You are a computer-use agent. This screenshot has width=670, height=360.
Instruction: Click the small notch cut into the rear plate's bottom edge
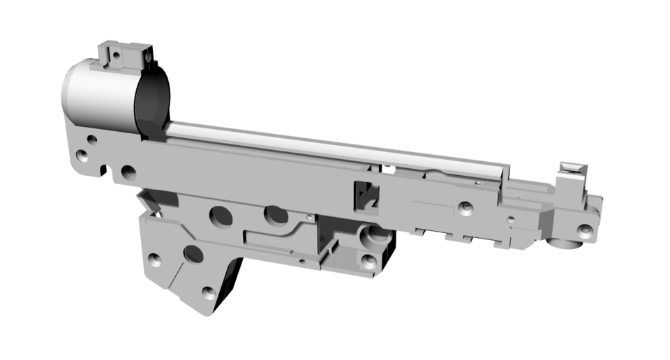pos(105,170)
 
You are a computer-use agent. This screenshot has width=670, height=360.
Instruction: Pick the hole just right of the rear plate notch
pos(128,172)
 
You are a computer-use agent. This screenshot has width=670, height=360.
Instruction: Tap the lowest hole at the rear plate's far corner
pos(82,156)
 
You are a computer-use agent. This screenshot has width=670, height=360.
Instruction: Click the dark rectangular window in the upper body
pos(364,195)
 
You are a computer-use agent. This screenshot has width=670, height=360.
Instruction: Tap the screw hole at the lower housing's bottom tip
pos(207,292)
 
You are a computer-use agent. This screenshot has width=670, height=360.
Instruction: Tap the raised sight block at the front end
pos(572,179)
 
